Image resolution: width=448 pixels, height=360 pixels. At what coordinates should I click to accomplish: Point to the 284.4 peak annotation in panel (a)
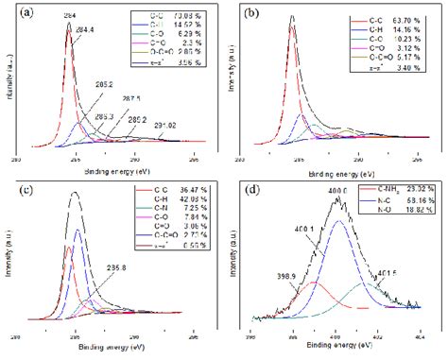[x=85, y=29]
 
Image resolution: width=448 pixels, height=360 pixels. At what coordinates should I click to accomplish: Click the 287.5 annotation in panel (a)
[x=129, y=98]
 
